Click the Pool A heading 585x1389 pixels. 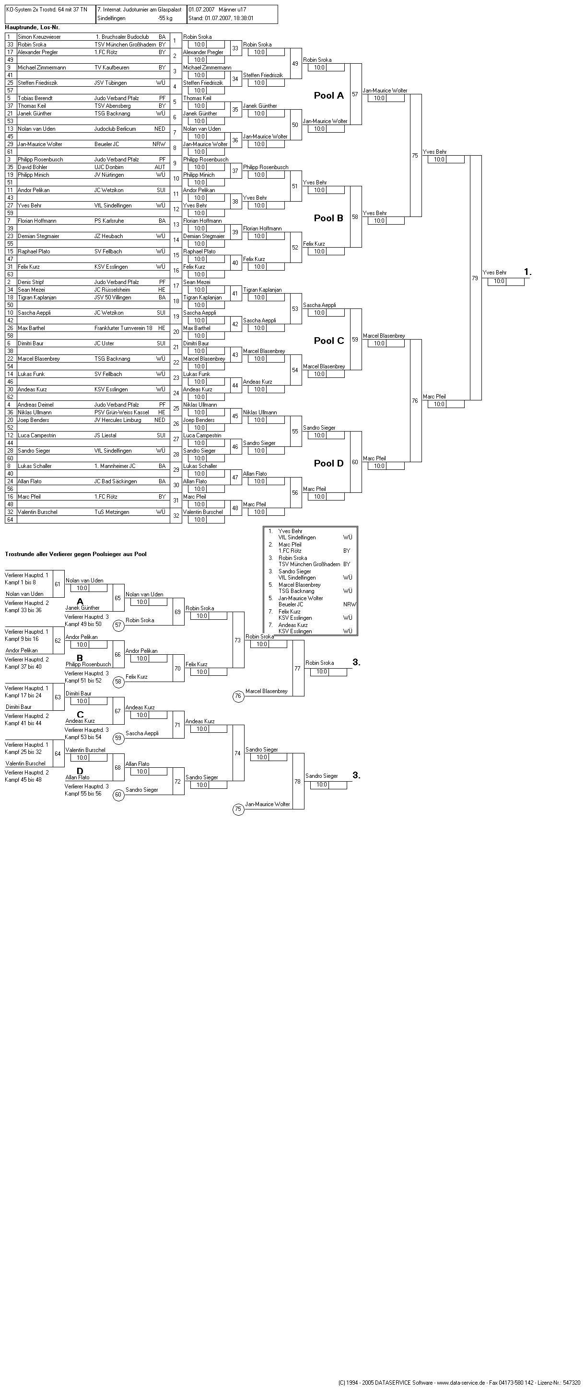point(328,95)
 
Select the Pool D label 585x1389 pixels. point(328,463)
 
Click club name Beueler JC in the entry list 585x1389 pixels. point(107,145)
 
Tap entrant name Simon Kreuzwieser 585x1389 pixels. point(39,37)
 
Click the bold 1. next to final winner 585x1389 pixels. point(527,273)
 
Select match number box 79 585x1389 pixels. point(475,278)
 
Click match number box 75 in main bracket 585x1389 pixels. point(415,156)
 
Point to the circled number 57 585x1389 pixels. point(118,626)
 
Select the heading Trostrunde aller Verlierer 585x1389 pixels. point(76,554)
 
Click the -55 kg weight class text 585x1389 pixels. point(165,18)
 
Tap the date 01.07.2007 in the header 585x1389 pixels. point(201,10)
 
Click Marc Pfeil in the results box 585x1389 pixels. point(290,545)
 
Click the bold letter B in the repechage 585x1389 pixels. point(80,658)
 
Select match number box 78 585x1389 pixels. point(297,781)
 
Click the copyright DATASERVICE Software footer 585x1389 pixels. point(459,1382)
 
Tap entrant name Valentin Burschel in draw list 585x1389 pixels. point(37,512)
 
